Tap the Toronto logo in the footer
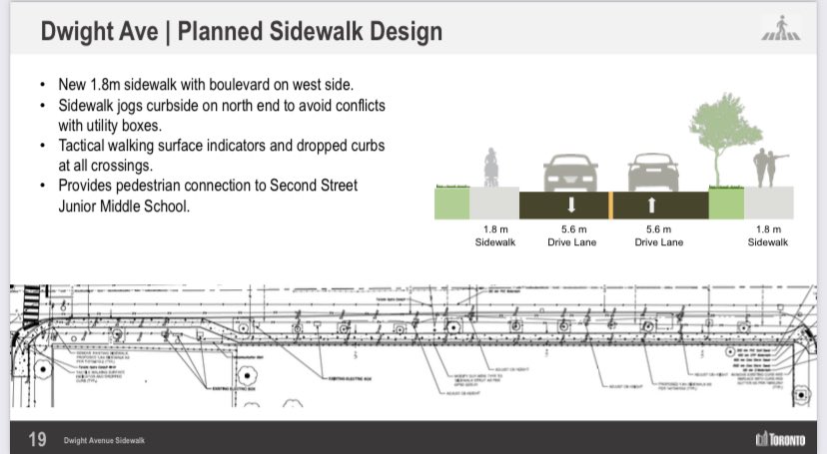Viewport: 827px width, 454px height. (783, 439)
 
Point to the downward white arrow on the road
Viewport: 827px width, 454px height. (571, 206)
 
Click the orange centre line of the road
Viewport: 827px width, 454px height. (610, 205)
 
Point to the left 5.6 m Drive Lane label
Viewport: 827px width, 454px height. (571, 235)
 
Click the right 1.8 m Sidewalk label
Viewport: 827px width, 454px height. (767, 235)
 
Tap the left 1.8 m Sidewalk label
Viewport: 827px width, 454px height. (494, 235)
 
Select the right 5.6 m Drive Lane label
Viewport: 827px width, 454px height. (654, 235)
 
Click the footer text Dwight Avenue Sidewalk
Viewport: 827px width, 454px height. (104, 440)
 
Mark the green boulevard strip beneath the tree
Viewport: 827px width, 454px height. (726, 204)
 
